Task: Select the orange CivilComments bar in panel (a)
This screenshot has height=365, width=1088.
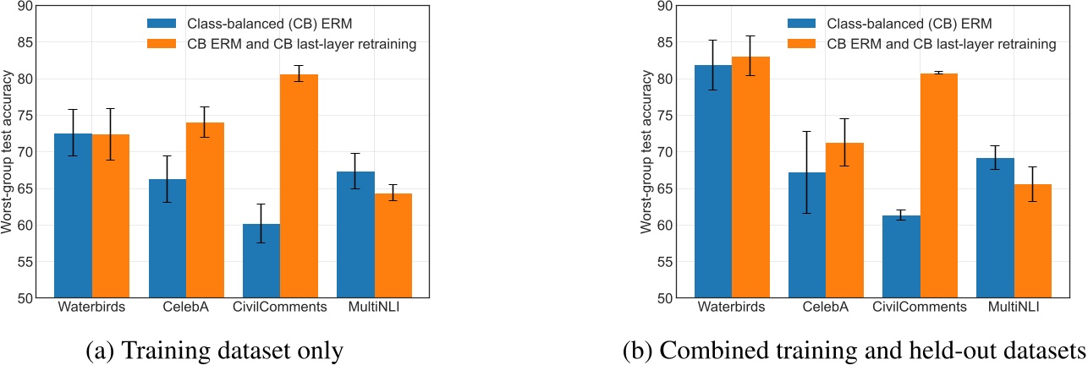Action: pos(299,186)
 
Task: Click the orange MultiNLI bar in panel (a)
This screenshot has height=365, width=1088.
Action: pos(392,245)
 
